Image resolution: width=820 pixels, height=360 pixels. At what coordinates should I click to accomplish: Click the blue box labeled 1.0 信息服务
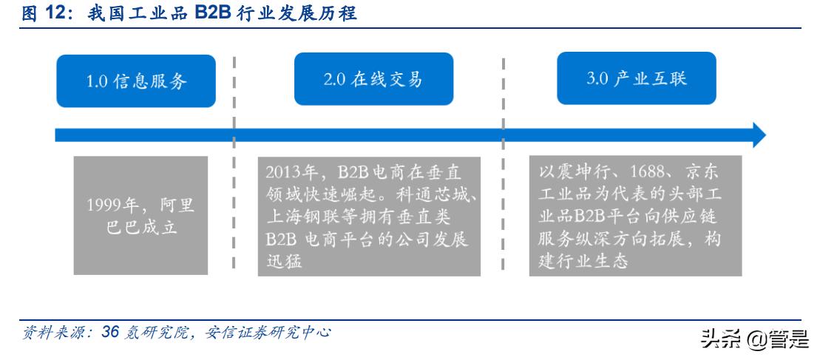pos(136,81)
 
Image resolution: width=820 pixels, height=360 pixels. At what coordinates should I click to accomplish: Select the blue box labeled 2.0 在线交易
pos(373,79)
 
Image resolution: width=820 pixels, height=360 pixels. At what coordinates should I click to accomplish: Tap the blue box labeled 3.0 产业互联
pos(636,78)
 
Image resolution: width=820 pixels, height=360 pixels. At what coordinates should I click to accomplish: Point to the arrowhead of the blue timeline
pos(759,135)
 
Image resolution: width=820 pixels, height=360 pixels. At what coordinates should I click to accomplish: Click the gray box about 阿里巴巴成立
pos(141,215)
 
